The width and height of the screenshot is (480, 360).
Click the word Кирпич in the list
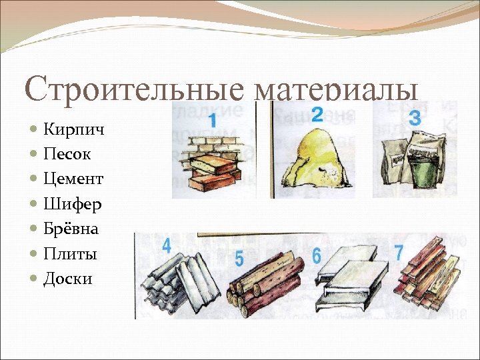click(x=73, y=129)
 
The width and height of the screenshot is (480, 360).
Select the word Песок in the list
click(x=67, y=154)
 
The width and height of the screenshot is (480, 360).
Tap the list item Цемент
click(x=73, y=179)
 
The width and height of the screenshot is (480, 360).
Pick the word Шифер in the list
click(x=73, y=204)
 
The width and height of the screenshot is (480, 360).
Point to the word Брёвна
click(x=71, y=229)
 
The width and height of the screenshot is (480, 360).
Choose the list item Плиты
click(x=70, y=254)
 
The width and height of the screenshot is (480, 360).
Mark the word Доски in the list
click(x=68, y=279)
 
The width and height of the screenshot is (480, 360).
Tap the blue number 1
click(x=211, y=121)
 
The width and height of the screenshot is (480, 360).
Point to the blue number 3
click(x=415, y=119)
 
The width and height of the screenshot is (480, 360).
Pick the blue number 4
click(x=166, y=246)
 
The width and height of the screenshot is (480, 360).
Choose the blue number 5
click(x=239, y=257)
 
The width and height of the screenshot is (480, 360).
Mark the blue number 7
click(x=399, y=253)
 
